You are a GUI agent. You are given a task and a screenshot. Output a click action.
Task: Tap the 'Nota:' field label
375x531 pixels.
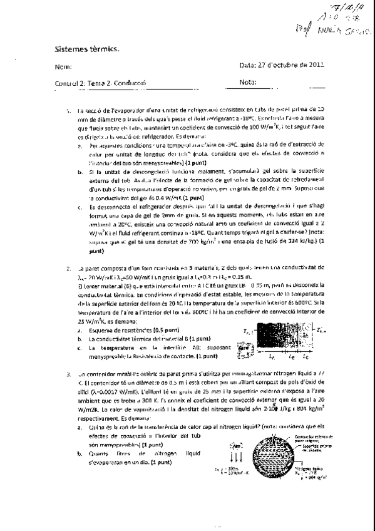tap(249, 82)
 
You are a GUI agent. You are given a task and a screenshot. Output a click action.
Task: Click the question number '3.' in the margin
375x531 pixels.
tap(69, 373)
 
